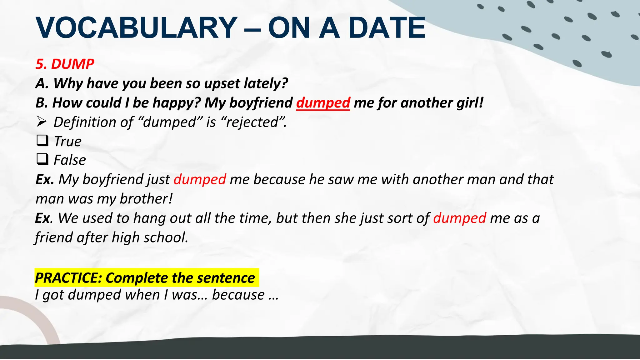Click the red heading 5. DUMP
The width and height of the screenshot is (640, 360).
pyautogui.click(x=65, y=64)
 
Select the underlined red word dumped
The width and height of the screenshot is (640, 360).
pyautogui.click(x=323, y=103)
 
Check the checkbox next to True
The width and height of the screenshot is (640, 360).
pyautogui.click(x=42, y=141)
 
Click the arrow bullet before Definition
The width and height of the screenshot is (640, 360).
pyautogui.click(x=42, y=122)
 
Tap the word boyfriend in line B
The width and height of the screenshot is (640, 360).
pyautogui.click(x=261, y=103)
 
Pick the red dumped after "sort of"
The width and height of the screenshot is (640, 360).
pyautogui.click(x=459, y=218)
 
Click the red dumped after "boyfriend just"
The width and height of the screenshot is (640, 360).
pyautogui.click(x=200, y=179)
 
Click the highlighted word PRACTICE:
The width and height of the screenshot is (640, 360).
pyautogui.click(x=68, y=278)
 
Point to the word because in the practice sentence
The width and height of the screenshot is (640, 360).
pyautogui.click(x=238, y=295)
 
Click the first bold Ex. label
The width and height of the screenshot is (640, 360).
pyautogui.click(x=45, y=179)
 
